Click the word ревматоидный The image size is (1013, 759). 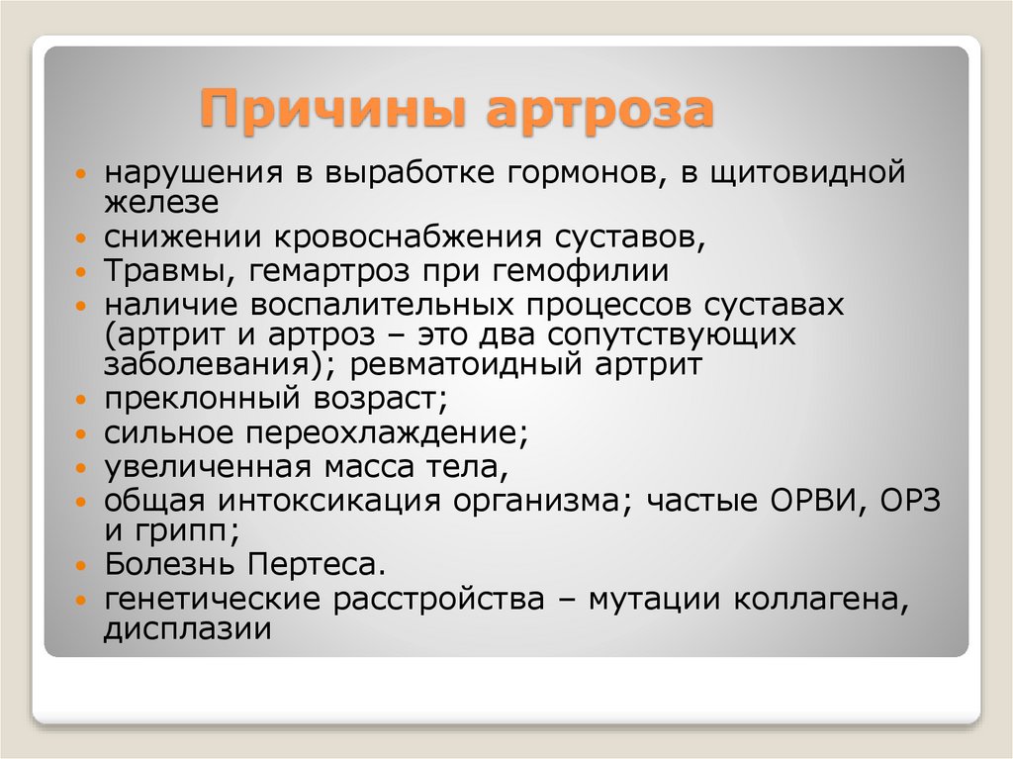pyautogui.click(x=458, y=364)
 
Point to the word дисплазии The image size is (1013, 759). pyautogui.click(x=187, y=628)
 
